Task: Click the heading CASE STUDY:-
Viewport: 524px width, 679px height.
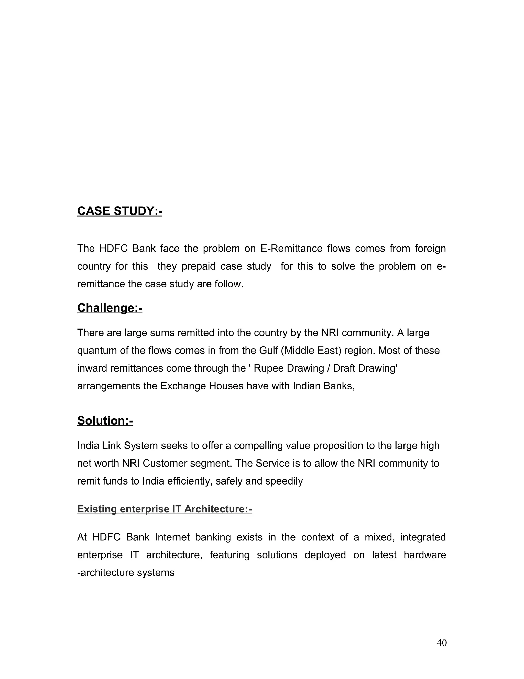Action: (119, 211)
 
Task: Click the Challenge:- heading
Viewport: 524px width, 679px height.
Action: (110, 308)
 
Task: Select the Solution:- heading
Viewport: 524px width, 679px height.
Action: (105, 421)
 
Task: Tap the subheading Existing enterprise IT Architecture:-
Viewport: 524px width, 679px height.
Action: (164, 509)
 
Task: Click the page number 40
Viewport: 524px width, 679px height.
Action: (441, 643)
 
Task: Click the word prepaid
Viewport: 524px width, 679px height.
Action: (198, 266)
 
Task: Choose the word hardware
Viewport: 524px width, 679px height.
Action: (424, 555)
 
